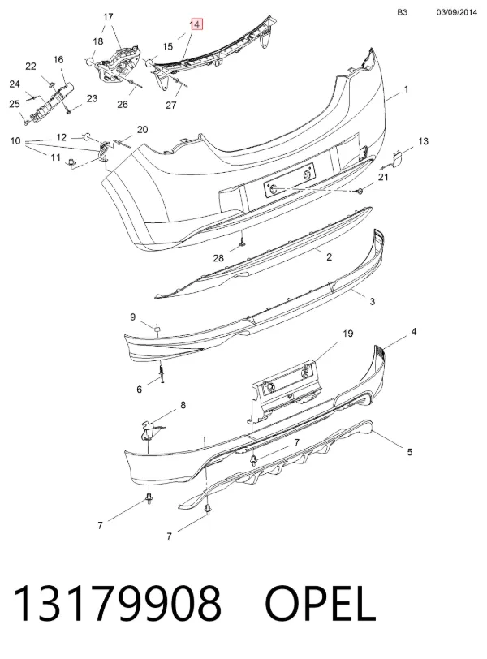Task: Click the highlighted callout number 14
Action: point(196,24)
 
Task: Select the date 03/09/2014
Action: point(457,12)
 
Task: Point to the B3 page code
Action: point(402,12)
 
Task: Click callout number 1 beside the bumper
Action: point(407,89)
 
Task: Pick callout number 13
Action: point(423,141)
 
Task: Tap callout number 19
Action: point(348,334)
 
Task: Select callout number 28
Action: point(218,257)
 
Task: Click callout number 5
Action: point(410,452)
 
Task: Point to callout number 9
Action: point(133,317)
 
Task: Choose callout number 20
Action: point(142,130)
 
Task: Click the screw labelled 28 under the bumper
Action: point(243,243)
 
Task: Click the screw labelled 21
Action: point(360,192)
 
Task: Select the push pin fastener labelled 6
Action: point(162,373)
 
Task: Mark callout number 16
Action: point(58,60)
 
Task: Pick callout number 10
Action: point(15,140)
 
